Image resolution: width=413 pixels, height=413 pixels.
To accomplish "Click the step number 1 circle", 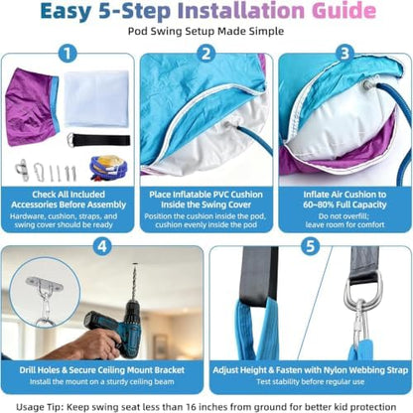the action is [68, 54].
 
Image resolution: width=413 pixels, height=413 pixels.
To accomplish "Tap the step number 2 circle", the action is [206, 54].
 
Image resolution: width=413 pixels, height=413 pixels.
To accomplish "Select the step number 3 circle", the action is [344, 54].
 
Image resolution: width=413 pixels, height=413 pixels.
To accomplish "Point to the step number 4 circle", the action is [102, 246].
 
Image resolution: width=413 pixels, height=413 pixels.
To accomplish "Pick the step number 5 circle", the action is [310, 246].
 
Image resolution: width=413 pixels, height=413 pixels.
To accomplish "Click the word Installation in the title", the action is [241, 11].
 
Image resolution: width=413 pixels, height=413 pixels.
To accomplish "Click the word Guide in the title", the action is [344, 11].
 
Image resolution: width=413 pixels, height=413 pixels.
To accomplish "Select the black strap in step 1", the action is [98, 141].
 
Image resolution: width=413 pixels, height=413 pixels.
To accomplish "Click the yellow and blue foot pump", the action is [108, 169].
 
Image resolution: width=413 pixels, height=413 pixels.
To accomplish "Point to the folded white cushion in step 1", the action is [96, 98].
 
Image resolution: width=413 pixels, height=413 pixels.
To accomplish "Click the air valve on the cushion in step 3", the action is [367, 84].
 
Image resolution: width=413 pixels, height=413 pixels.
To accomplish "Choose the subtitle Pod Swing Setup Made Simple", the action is [206, 32].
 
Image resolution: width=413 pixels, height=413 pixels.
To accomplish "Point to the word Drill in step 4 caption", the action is [28, 370].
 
